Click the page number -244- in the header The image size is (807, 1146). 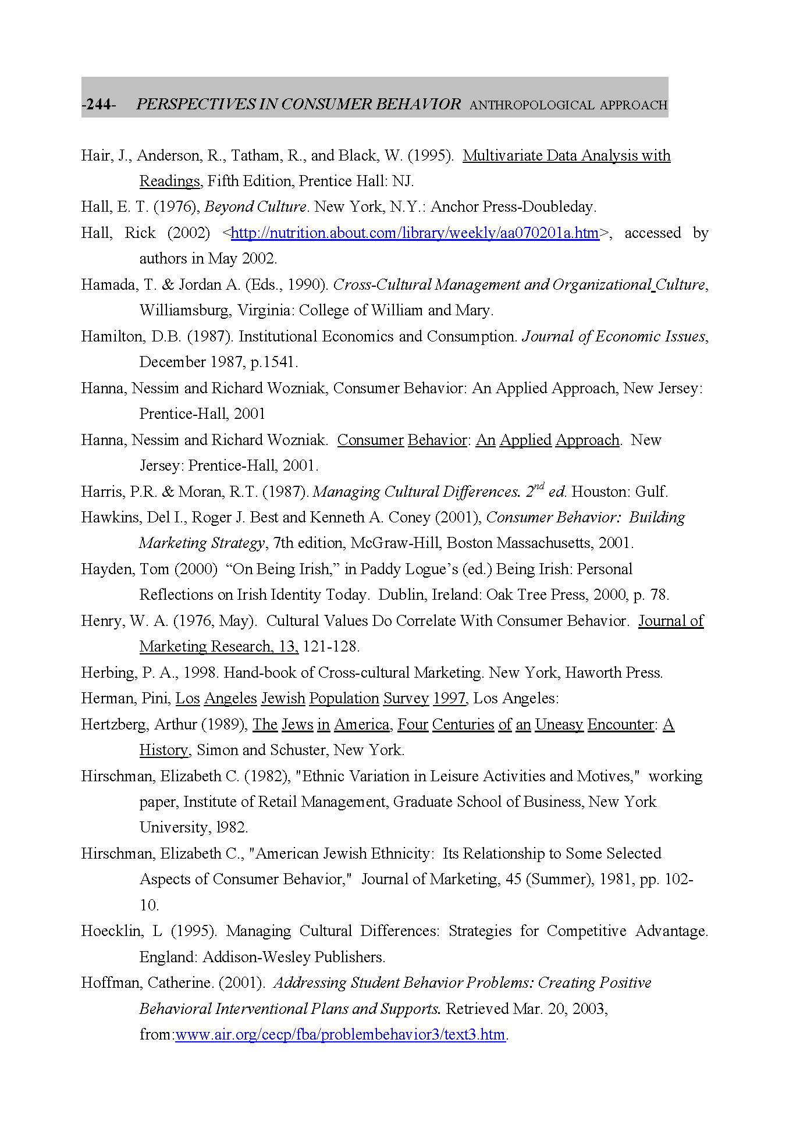(99, 105)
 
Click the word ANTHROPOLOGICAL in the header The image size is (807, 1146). (532, 105)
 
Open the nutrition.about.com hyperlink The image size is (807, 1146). (415, 233)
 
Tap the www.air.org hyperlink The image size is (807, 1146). (340, 1035)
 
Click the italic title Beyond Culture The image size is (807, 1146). (255, 207)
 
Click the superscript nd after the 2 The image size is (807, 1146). (539, 486)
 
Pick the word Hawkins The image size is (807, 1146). (109, 518)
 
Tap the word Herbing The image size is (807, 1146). (108, 673)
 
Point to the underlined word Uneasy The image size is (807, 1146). (559, 725)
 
